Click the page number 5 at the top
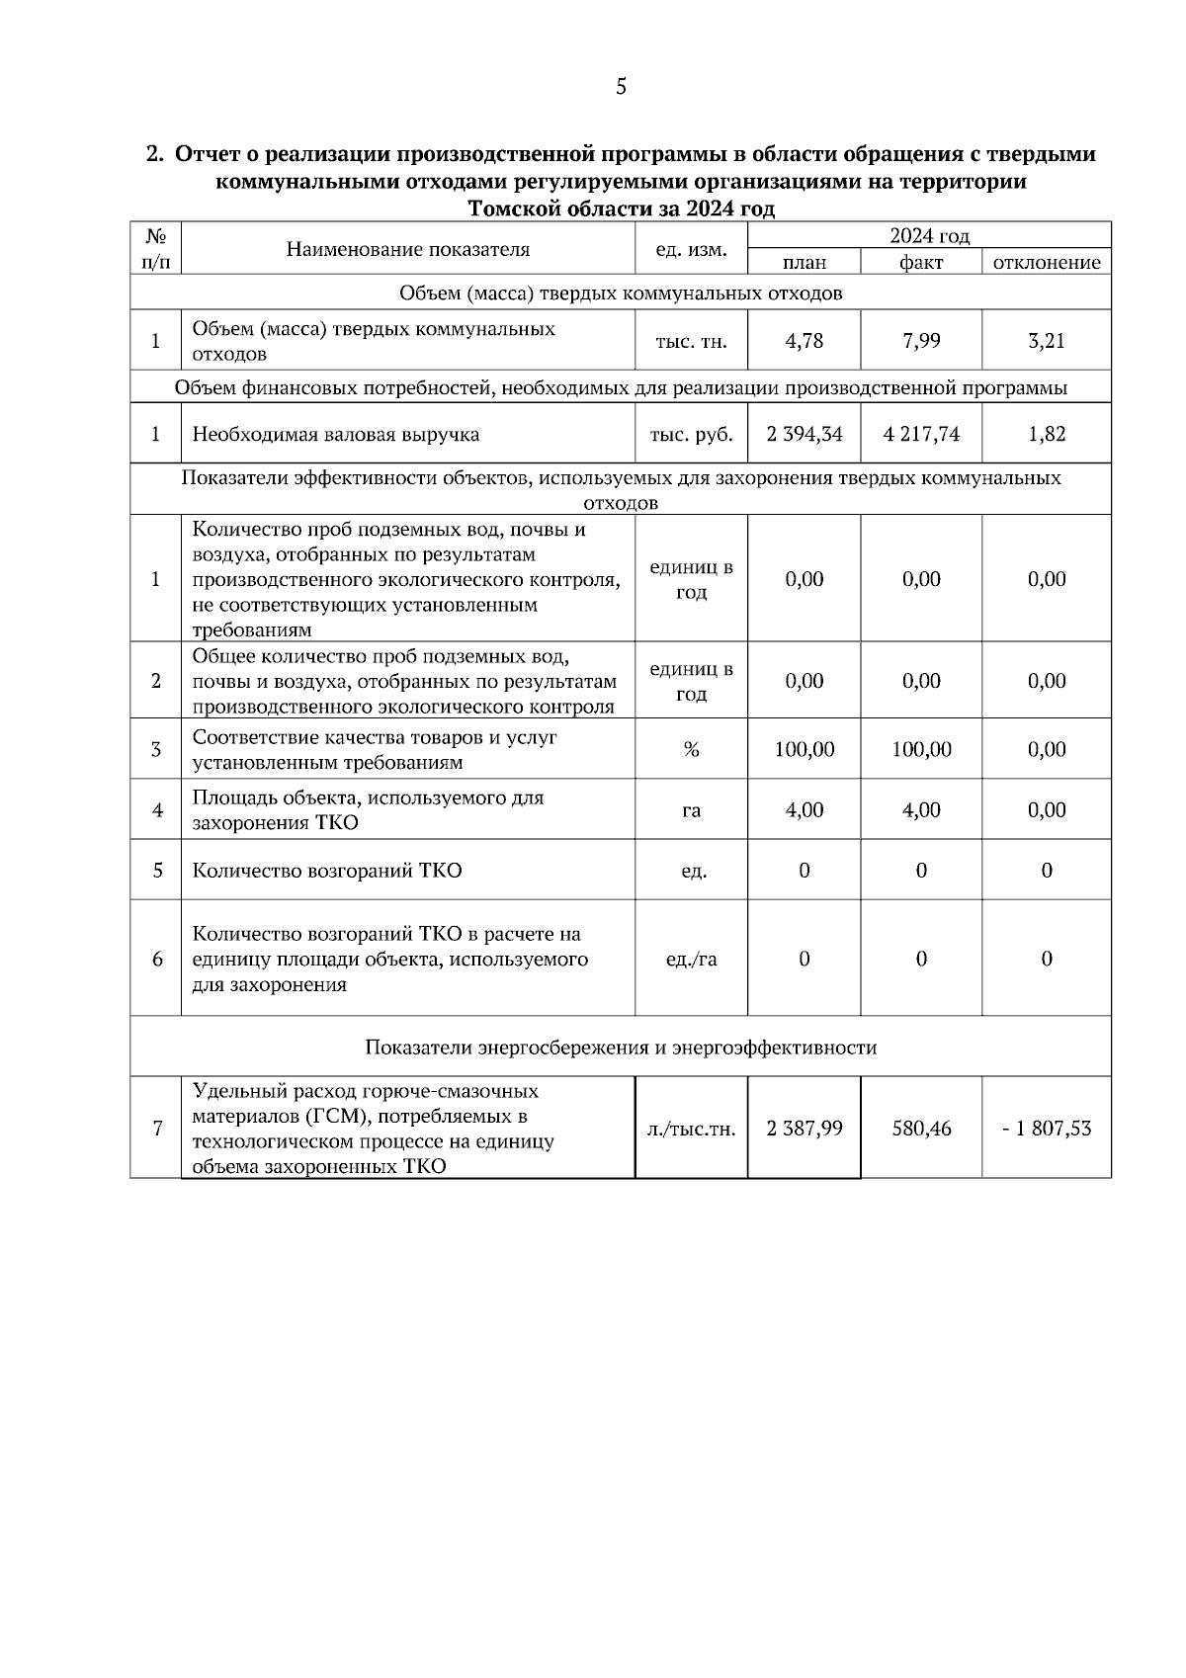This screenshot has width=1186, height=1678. coord(621,87)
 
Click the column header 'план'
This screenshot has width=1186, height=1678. coord(804,262)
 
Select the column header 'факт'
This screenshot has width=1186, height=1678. coord(921,262)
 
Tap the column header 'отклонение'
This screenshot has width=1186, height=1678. coord(1047,262)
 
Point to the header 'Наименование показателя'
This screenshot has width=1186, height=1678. coord(408,249)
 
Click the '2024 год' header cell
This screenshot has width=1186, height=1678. coord(929,236)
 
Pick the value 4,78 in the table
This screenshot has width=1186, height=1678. coord(804,341)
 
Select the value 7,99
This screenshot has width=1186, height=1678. coord(921,341)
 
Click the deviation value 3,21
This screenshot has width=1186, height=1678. coord(1047,341)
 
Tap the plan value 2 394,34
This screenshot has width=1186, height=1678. coord(804,434)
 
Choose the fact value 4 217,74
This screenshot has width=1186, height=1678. coord(921,434)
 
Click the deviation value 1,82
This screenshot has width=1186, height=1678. coord(1047,434)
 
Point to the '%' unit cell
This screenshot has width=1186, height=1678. coord(691,750)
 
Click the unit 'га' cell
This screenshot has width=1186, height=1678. coord(691,810)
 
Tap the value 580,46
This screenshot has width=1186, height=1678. coord(921,1129)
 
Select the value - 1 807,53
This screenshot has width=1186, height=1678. coord(1047,1129)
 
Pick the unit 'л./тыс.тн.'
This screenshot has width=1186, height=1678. coord(691,1129)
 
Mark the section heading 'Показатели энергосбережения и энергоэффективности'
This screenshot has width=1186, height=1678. coord(621,1048)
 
